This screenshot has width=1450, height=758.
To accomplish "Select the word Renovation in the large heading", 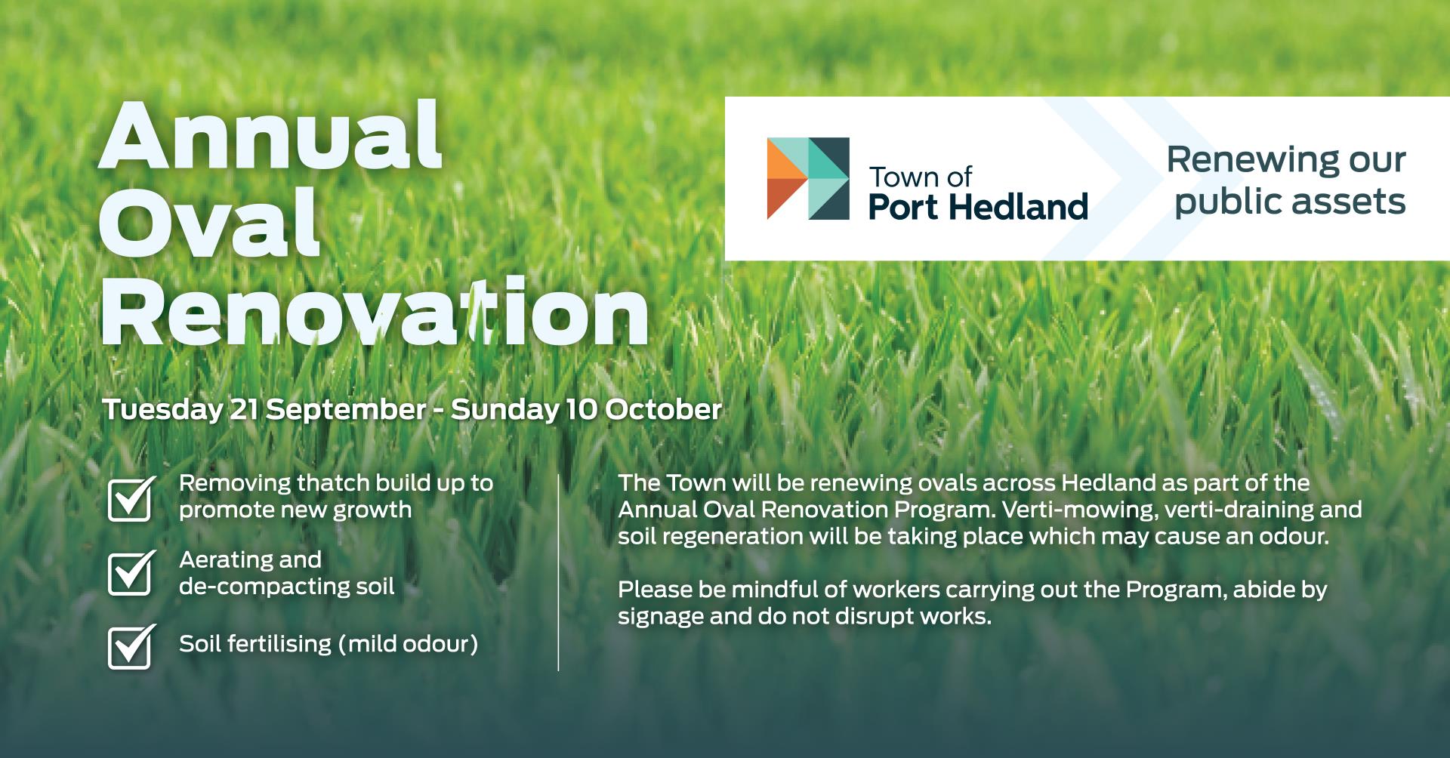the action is [x=375, y=310].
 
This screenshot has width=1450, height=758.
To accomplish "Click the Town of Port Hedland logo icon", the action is [x=808, y=179].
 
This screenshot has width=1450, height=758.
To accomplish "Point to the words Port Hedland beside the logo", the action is [x=978, y=207].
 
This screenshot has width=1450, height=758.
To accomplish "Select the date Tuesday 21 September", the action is [x=264, y=410].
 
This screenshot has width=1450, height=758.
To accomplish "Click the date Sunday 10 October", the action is [x=586, y=409].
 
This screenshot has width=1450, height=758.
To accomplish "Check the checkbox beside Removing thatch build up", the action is [x=131, y=498].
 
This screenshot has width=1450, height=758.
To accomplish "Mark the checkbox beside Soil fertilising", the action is [x=131, y=647].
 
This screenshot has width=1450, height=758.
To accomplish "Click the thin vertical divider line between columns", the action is [x=558, y=572].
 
